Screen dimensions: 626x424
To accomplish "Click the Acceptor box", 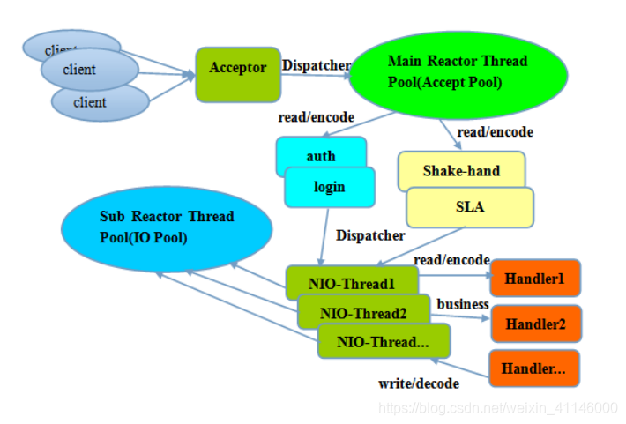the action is pyautogui.click(x=238, y=75).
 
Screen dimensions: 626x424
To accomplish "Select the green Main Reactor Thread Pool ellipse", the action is pyautogui.click(x=458, y=75).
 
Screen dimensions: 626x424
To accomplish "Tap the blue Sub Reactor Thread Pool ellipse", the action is pyautogui.click(x=167, y=229).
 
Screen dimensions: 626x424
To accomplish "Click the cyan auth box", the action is pyautogui.click(x=321, y=152).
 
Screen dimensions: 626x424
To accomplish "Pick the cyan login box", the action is pyautogui.click(x=330, y=187).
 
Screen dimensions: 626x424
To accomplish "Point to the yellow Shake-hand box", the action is pyautogui.click(x=461, y=170).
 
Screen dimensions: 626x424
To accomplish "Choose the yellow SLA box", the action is pyautogui.click(x=470, y=207).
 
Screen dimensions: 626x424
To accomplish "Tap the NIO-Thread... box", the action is pyautogui.click(x=384, y=341).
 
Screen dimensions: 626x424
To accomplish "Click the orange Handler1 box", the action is pyautogui.click(x=535, y=279).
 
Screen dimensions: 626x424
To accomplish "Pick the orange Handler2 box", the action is pyautogui.click(x=536, y=324).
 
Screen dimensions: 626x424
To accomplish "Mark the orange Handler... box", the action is pyautogui.click(x=534, y=368).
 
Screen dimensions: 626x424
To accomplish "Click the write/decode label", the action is pyautogui.click(x=419, y=383).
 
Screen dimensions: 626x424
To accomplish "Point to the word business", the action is pyautogui.click(x=463, y=304).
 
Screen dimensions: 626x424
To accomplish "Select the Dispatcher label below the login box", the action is pyautogui.click(x=370, y=235).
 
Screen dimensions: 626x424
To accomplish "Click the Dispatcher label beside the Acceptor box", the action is pyautogui.click(x=317, y=65).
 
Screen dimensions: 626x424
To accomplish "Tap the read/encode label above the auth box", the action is pyautogui.click(x=317, y=117).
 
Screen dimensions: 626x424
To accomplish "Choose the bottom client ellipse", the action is pyautogui.click(x=101, y=102).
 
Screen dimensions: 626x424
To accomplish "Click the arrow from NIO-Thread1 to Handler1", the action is pyautogui.click(x=455, y=275).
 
